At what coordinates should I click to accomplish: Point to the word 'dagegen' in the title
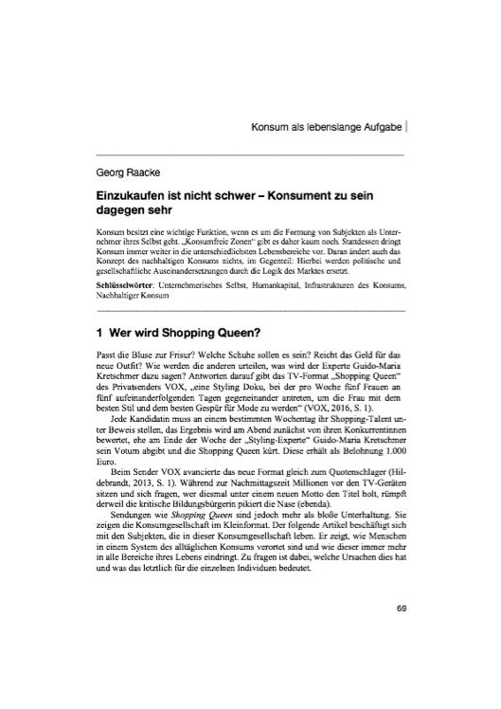[x=124, y=210]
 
